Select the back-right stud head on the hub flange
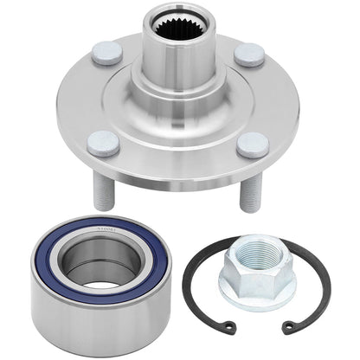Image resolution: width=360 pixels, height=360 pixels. (248, 55)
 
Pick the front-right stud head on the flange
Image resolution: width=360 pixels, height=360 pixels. (254, 144)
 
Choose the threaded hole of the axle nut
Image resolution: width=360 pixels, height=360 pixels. (254, 251)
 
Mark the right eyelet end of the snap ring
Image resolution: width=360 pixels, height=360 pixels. (291, 327)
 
